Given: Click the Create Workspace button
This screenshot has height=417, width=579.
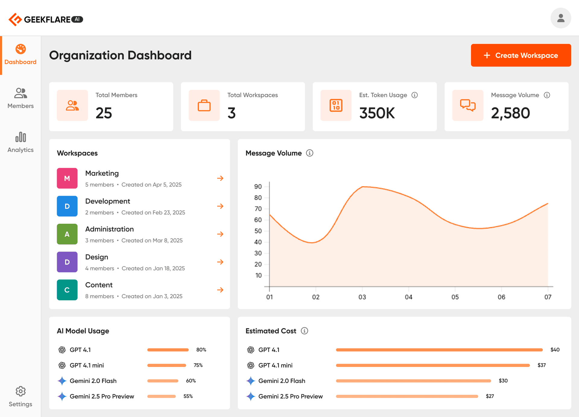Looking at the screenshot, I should (x=521, y=55).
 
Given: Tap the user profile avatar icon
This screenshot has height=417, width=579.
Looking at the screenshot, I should (x=561, y=18).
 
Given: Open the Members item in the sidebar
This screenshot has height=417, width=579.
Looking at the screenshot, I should (x=21, y=98).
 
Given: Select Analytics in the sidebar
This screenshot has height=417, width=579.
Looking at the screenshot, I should (x=21, y=142).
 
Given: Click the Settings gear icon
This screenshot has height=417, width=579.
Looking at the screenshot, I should (x=21, y=391).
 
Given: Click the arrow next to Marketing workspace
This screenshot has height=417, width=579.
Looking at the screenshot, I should (x=220, y=178).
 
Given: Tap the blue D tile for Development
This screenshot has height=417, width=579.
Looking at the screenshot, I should (x=67, y=206).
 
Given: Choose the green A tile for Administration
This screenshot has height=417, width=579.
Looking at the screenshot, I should (x=67, y=234).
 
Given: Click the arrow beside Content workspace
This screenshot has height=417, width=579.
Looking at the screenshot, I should (x=220, y=290).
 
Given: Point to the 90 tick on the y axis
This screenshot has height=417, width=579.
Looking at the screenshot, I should (x=258, y=187).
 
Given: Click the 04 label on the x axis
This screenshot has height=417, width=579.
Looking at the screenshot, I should (x=408, y=297).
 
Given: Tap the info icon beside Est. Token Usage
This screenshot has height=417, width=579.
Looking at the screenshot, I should (x=415, y=95).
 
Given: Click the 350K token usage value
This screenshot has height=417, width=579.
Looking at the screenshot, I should (x=377, y=113).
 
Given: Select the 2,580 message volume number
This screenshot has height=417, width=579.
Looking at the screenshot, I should (x=510, y=113).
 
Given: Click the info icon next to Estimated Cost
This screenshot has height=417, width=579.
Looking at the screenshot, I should (x=305, y=331).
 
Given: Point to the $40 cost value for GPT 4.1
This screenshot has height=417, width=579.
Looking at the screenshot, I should (x=555, y=350).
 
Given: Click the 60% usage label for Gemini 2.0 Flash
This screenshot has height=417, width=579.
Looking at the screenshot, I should (x=191, y=381).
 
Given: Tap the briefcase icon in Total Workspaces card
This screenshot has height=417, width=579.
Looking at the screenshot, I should (x=204, y=106).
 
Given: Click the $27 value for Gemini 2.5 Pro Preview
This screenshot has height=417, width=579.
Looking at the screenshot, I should (x=490, y=396).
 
